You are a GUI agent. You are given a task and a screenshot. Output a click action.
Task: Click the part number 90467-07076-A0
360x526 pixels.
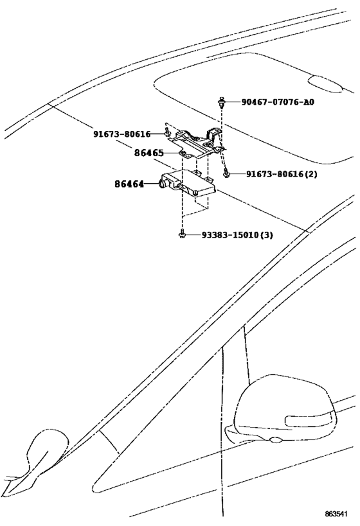click(x=278, y=101)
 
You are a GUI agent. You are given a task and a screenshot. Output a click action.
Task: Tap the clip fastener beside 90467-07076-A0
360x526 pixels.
click(x=221, y=102)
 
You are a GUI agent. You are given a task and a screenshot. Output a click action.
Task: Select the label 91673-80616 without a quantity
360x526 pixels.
click(x=122, y=134)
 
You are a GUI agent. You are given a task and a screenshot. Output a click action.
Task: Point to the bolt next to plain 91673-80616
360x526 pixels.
click(x=166, y=132)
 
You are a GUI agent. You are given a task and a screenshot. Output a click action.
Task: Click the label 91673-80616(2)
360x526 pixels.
click(x=282, y=174)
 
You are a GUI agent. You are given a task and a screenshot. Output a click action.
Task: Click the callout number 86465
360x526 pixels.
click(x=148, y=153)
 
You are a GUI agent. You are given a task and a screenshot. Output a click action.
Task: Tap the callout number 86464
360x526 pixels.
click(x=129, y=184)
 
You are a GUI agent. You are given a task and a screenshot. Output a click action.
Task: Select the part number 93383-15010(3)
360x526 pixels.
click(x=237, y=235)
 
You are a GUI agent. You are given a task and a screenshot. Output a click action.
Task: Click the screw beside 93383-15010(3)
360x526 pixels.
click(x=182, y=234)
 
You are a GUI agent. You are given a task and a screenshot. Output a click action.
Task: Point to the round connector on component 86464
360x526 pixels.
click(x=162, y=183)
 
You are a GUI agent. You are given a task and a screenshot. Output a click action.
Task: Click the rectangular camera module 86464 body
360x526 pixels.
click(x=188, y=184)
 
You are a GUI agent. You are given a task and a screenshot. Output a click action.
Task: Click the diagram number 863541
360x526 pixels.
click(x=336, y=514)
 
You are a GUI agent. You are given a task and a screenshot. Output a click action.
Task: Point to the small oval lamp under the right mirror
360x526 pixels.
click(x=276, y=440)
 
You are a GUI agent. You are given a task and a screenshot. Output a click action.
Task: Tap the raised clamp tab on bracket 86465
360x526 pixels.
click(x=214, y=134)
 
